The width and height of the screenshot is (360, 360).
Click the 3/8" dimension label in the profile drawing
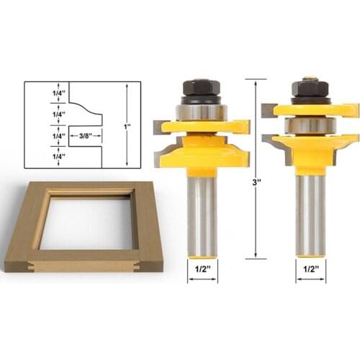click(86, 136)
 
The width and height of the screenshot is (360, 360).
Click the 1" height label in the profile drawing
click(127, 126)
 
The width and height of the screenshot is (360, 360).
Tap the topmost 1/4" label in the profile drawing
click(59, 93)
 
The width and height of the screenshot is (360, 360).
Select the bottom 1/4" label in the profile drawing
click(59, 156)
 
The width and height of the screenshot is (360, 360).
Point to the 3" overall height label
click(256, 183)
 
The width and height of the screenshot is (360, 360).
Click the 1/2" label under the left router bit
click(202, 269)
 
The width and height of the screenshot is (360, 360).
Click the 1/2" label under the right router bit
click(310, 269)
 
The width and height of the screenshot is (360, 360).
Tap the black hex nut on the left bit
click(202, 88)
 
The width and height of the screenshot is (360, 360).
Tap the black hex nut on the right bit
click(310, 89)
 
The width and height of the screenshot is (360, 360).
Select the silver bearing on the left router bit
click(202, 112)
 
